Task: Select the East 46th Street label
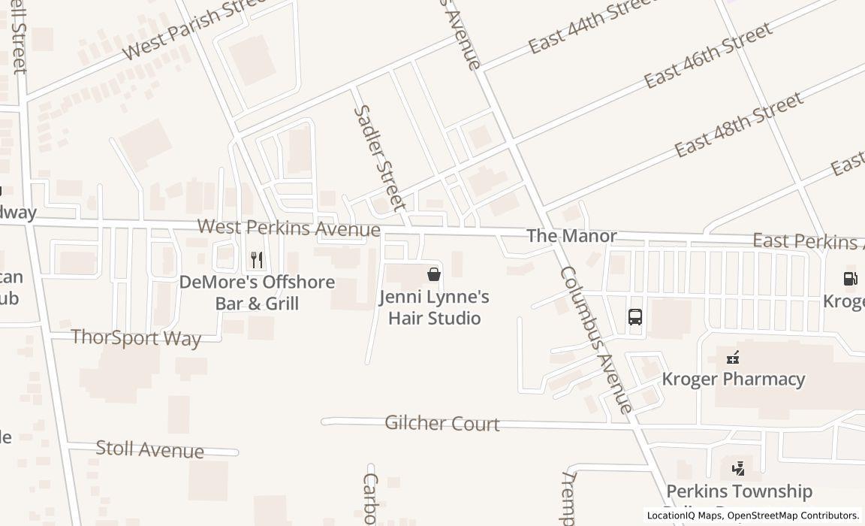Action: (708, 55)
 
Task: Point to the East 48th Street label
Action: (739, 124)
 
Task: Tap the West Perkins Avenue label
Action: (288, 227)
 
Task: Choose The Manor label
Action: (571, 236)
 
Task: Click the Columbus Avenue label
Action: (596, 340)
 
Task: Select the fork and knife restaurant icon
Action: (257, 260)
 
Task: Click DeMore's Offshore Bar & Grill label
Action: (257, 293)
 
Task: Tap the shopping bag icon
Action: (433, 274)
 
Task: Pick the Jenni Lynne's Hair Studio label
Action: (434, 307)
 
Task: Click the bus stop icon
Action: (635, 317)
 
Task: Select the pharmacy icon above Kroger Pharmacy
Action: (733, 358)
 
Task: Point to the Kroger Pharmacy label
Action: (733, 379)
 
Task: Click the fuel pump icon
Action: (850, 279)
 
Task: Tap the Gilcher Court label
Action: (442, 423)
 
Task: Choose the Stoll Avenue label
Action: (149, 449)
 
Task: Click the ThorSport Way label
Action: (136, 337)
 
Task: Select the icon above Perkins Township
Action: (739, 470)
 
